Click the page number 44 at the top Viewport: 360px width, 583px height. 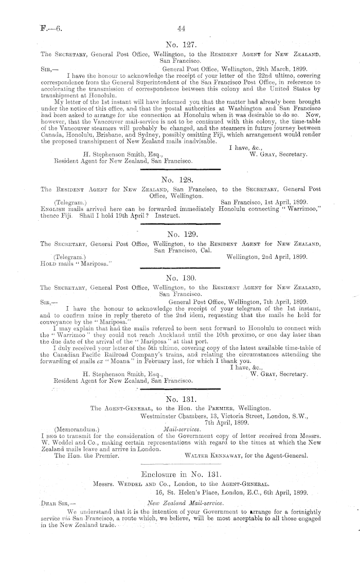[x=180, y=29]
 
